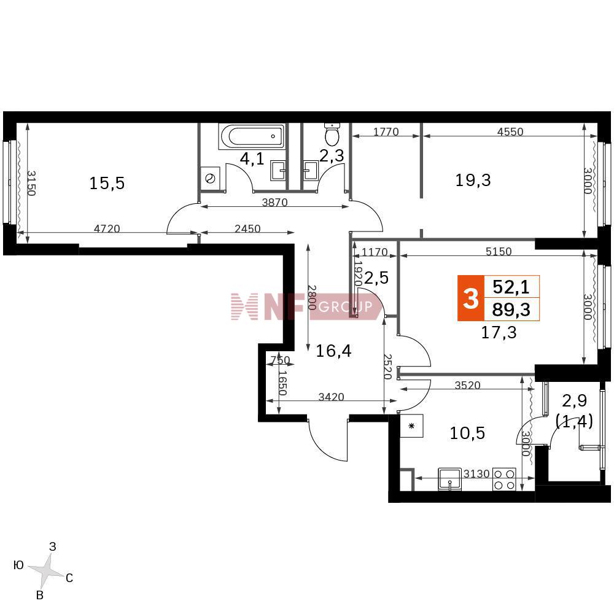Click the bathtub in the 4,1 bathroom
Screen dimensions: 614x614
point(252,137)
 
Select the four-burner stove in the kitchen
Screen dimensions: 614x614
point(504,480)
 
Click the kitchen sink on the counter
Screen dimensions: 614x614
point(450,479)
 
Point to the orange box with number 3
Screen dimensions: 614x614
point(471,298)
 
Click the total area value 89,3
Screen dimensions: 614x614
point(511,309)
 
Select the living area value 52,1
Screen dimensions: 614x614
point(511,287)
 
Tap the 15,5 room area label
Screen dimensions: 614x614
point(107,183)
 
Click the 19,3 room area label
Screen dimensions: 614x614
point(473,181)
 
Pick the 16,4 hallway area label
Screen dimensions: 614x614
point(333,351)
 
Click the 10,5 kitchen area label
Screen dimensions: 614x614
point(467,433)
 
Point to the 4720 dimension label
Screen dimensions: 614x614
point(107,228)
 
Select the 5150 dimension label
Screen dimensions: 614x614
point(499,251)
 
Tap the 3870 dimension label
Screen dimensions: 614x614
point(274,202)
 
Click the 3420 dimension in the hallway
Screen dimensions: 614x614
point(331,397)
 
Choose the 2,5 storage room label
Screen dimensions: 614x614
point(376,278)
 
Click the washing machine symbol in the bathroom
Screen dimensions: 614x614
point(210,179)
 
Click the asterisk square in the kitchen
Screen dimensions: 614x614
point(411,426)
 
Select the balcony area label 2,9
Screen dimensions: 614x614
point(575,400)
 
